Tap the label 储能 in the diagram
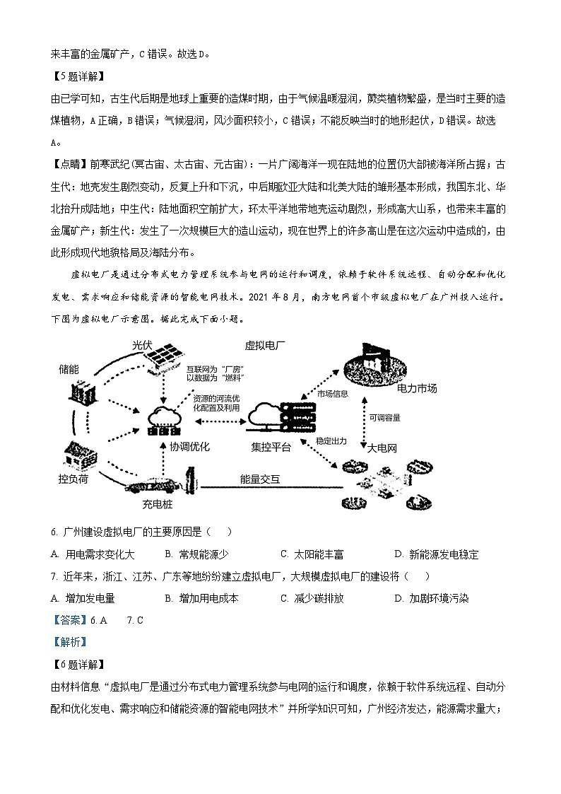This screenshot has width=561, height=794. (x=69, y=369)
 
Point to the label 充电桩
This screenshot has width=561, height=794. (x=157, y=505)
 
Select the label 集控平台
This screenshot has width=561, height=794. (x=271, y=447)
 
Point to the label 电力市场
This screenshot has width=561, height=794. (x=416, y=388)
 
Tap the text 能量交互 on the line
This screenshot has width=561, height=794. (x=260, y=479)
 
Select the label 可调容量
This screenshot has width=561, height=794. (x=384, y=418)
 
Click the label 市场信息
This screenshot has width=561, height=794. (x=332, y=394)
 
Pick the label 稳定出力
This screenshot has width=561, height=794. (x=331, y=440)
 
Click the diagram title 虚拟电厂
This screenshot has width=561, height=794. (x=265, y=346)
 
